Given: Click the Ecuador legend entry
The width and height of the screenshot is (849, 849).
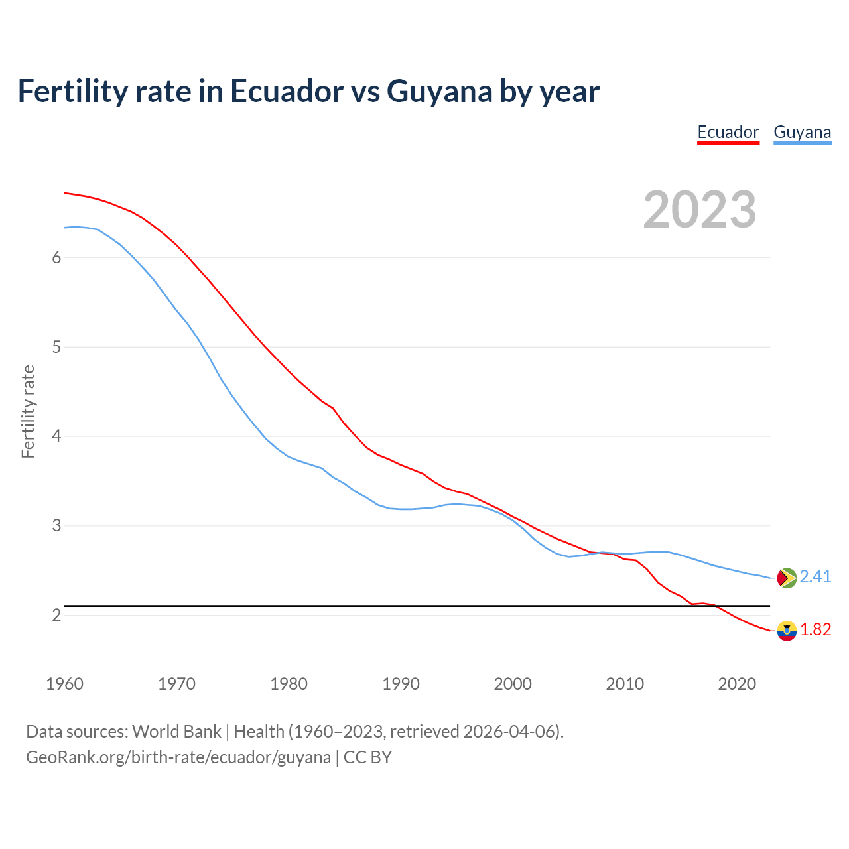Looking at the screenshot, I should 728,132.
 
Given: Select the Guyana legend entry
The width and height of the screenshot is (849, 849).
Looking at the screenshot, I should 802,132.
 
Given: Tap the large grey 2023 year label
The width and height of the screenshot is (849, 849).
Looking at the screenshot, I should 700,210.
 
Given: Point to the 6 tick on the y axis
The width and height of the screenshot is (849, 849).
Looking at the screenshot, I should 56,257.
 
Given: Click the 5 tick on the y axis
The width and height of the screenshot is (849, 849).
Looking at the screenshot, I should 56,347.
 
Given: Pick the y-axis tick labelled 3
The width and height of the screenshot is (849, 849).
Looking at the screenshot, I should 56,526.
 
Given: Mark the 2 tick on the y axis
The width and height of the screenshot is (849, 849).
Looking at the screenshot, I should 56,616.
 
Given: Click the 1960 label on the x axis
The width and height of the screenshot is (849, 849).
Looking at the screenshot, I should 64,684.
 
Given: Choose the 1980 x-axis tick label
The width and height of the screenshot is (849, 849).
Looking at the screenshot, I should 289,684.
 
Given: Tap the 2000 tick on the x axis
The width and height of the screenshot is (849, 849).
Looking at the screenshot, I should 513,684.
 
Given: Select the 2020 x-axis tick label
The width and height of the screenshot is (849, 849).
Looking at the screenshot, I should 737,684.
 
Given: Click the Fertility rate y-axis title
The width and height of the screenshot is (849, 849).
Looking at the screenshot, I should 28,411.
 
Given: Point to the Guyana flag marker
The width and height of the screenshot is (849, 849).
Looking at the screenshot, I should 787,578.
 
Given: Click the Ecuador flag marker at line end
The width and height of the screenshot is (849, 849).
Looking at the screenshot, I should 787,631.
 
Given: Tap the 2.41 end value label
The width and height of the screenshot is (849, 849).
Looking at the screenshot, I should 815,577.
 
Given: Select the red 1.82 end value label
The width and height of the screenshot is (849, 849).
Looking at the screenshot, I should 815,630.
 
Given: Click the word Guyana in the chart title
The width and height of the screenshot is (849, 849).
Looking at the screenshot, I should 439,92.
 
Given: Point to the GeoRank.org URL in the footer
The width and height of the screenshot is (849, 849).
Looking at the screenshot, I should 178,757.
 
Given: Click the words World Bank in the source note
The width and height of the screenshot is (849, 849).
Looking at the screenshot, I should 176,732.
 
